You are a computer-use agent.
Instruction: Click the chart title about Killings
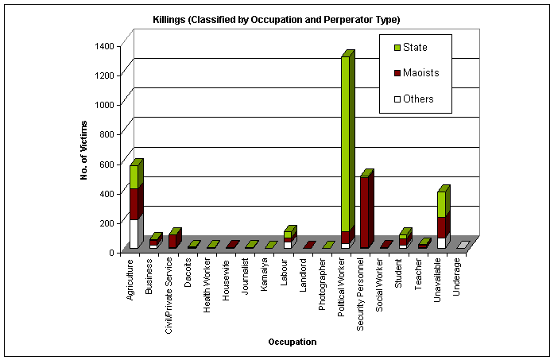tap(277, 19)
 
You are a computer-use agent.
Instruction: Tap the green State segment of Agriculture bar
tap(134, 176)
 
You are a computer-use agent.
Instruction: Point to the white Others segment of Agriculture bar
tap(134, 234)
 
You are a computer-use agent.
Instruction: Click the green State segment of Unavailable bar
tap(442, 204)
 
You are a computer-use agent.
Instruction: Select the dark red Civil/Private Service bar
tap(172, 241)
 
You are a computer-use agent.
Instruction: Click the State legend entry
tap(414, 47)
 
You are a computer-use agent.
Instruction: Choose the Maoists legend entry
tap(420, 73)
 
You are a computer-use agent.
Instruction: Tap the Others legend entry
tap(416, 99)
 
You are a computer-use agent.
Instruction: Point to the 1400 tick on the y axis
tap(103, 45)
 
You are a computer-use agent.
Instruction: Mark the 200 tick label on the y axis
tap(106, 223)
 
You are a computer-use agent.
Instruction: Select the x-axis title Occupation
tap(292, 342)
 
